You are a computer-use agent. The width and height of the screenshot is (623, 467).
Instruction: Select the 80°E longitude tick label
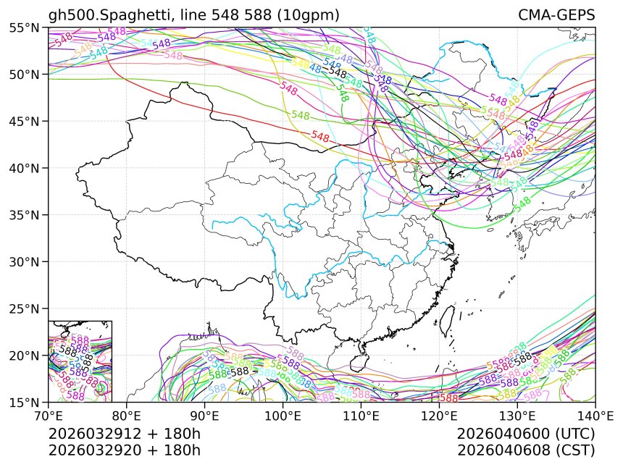(127, 416)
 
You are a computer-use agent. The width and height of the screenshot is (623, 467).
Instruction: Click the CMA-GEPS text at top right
(556, 15)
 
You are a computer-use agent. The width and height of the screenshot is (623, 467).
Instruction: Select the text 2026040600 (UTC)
(526, 434)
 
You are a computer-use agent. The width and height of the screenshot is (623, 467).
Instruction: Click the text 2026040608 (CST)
(526, 450)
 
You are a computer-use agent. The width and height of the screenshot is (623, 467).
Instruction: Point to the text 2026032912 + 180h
(124, 434)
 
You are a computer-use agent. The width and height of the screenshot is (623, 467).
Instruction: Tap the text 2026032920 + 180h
(124, 450)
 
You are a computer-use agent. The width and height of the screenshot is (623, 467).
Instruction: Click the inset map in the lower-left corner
(80, 361)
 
